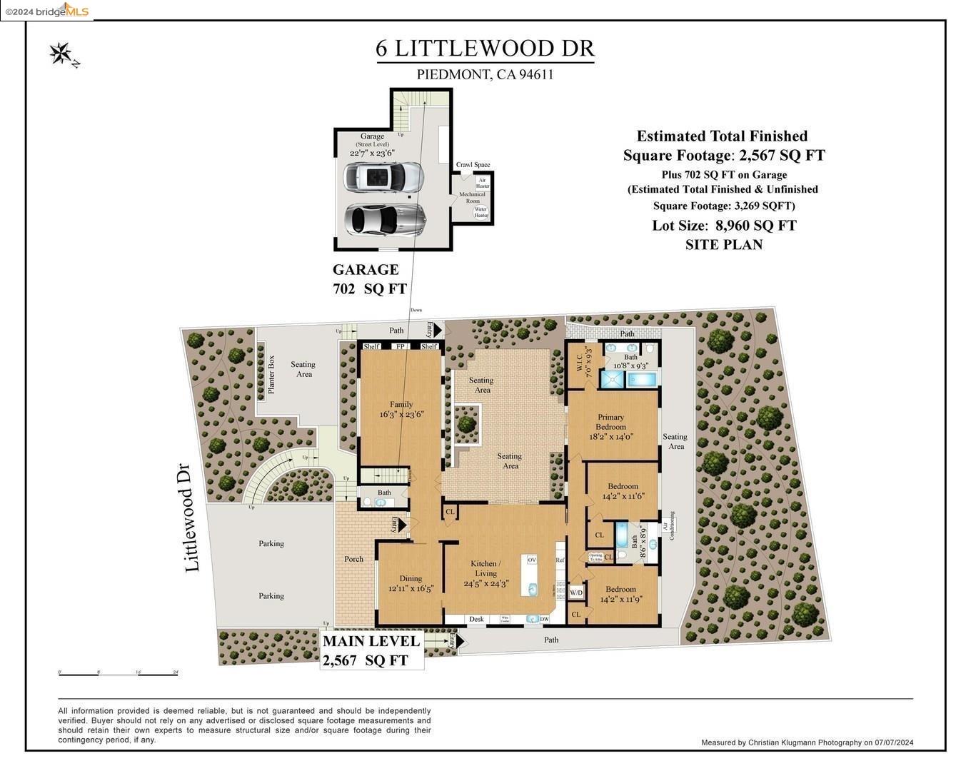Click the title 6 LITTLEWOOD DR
click(x=485, y=49)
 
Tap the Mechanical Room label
click(x=472, y=197)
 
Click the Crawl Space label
click(x=473, y=165)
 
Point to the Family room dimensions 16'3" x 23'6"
click(x=401, y=414)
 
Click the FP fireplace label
click(x=400, y=347)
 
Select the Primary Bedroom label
click(x=610, y=422)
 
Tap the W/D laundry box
click(x=575, y=593)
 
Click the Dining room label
click(x=411, y=579)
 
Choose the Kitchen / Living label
click(x=485, y=568)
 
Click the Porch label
click(x=353, y=559)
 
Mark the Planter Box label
click(x=271, y=374)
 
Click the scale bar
click(x=118, y=673)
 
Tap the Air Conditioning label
click(x=668, y=527)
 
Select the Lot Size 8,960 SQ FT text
click(x=724, y=226)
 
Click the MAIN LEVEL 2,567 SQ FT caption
click(x=371, y=650)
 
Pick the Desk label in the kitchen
click(x=476, y=620)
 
